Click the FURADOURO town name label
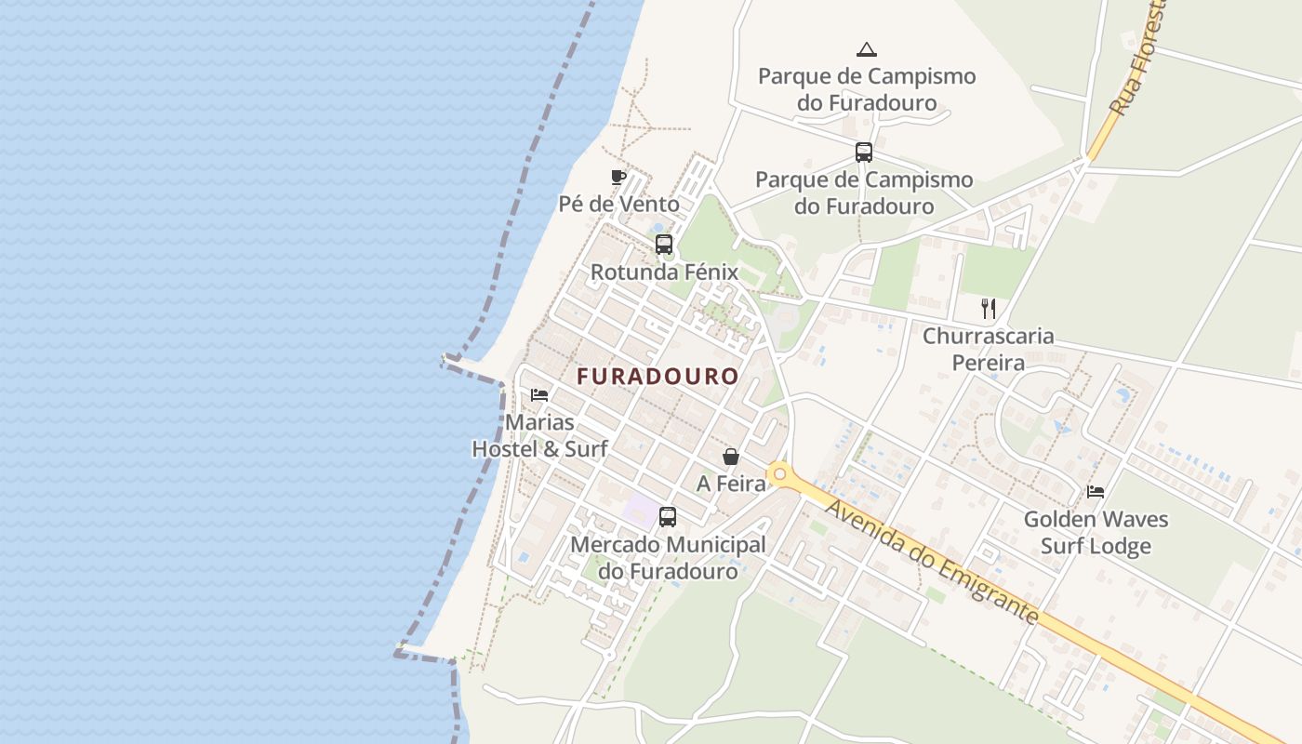(658, 377)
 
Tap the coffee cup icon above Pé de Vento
(618, 177)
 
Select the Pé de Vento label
(618, 204)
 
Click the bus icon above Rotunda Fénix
(663, 245)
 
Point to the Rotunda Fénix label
(664, 272)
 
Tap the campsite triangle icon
(867, 49)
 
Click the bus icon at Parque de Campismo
(864, 153)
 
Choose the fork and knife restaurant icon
(989, 309)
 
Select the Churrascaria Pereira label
(988, 349)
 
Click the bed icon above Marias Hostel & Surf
(539, 395)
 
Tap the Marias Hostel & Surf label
(539, 435)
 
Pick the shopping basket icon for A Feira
(731, 457)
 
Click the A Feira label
(731, 484)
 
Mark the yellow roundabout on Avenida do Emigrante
(779, 475)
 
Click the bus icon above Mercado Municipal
(667, 517)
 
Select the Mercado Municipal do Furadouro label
(668, 557)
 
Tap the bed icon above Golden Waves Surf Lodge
(1096, 492)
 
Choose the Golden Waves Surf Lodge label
(1096, 532)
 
